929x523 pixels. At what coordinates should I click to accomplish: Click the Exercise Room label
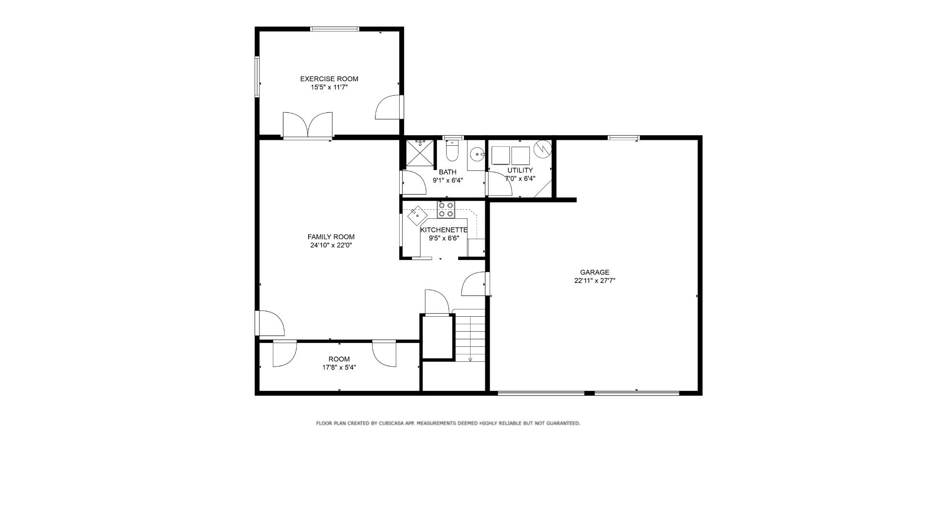pos(329,79)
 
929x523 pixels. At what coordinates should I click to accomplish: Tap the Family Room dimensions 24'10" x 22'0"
pos(331,246)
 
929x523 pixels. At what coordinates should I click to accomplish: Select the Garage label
pos(595,272)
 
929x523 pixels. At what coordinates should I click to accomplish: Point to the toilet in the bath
pos(451,151)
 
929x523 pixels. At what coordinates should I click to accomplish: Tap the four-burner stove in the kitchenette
pos(446,209)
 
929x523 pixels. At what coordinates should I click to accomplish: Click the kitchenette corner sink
pos(417,215)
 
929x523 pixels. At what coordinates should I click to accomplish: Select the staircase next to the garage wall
pos(470,336)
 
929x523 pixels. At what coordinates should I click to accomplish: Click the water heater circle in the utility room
pos(542,149)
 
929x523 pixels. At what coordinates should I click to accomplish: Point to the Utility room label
pos(520,170)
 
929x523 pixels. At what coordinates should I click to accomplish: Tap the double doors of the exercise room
pos(308,125)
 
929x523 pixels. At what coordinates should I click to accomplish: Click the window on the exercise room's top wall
pos(335,29)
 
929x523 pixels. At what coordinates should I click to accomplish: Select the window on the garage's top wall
pos(624,138)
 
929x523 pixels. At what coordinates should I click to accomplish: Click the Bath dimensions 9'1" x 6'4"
pos(448,180)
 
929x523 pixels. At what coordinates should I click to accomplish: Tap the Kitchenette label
pos(444,230)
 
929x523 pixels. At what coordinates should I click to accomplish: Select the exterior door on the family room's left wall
pos(269,323)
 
